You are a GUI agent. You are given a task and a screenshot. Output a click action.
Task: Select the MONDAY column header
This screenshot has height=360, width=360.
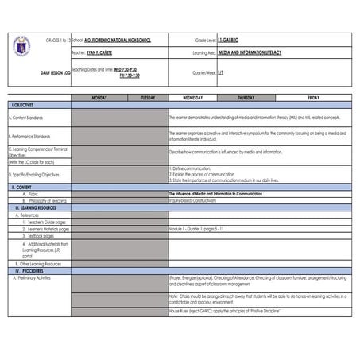(99, 98)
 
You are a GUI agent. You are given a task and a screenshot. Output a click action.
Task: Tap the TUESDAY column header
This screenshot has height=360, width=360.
(148, 98)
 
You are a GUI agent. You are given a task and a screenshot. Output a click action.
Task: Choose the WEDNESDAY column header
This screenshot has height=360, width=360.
(192, 98)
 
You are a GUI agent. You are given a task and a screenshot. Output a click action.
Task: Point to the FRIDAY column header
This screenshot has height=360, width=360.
(313, 98)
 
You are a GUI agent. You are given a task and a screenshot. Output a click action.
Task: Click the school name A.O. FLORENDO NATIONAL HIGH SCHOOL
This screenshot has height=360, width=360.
(118, 39)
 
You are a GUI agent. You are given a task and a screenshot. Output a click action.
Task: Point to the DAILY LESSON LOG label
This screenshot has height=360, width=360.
(56, 72)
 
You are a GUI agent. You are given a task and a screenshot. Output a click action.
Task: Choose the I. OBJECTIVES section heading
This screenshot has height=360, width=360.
(24, 105)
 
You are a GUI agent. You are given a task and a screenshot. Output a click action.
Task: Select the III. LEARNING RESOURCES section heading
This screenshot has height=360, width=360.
(34, 207)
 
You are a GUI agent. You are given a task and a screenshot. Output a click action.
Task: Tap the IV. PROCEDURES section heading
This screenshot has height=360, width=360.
(28, 271)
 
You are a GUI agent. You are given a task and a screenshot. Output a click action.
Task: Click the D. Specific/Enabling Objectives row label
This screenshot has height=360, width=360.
(37, 174)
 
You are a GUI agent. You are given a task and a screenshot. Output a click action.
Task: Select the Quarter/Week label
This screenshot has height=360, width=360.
(204, 72)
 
